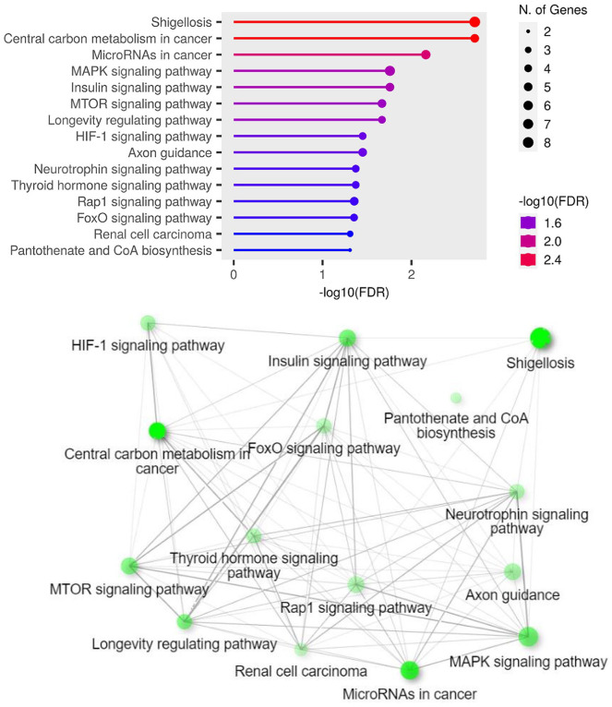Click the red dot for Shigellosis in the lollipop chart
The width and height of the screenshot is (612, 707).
(x=474, y=21)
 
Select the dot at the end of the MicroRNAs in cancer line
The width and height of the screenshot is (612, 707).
(x=426, y=54)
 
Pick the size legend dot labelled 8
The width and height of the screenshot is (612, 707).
(x=528, y=142)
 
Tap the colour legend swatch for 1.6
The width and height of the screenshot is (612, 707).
(x=529, y=222)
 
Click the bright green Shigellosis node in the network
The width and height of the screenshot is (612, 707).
(x=540, y=338)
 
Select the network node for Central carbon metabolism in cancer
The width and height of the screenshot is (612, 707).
(x=157, y=430)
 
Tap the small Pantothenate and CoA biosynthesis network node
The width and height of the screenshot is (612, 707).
(x=456, y=398)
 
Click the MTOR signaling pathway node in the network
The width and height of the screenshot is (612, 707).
(x=128, y=565)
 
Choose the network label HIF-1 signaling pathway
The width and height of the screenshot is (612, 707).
(x=148, y=346)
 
